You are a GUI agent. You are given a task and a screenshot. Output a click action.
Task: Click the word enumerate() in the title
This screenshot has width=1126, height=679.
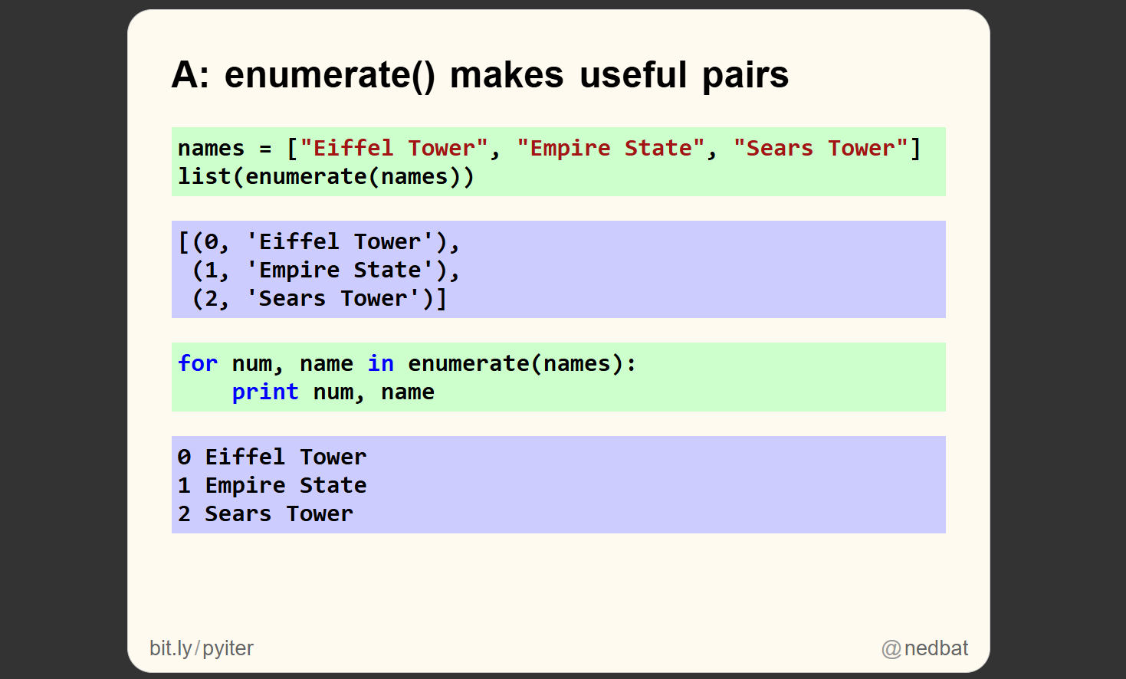[330, 75]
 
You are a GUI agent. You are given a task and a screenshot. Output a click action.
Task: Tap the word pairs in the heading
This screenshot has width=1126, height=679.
[745, 75]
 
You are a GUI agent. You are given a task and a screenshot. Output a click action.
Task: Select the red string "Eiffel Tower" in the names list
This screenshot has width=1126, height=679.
[394, 148]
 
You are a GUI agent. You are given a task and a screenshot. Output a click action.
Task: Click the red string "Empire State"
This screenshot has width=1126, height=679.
[611, 148]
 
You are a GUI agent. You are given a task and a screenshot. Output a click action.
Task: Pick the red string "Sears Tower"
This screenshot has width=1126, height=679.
[821, 148]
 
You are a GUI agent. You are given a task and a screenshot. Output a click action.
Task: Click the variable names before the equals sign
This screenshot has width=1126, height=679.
[211, 148]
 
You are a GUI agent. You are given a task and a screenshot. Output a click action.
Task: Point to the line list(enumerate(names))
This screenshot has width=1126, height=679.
[326, 177]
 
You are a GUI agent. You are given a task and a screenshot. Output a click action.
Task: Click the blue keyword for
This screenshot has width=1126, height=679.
[198, 363]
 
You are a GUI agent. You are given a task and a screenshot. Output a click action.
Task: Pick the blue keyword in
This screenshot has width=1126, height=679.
[380, 363]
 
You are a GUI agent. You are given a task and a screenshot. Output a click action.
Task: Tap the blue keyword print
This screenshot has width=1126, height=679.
[265, 392]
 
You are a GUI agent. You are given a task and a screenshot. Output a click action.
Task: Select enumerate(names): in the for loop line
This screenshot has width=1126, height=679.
[521, 363]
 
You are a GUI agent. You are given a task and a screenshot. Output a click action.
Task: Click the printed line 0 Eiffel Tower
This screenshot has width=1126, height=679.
[272, 458]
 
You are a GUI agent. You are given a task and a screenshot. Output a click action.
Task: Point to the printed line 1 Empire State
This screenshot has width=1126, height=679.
[272, 486]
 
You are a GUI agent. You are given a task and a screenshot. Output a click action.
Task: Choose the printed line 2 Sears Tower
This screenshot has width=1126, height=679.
[265, 514]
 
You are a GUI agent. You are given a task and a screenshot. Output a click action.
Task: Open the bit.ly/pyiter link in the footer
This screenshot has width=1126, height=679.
[202, 648]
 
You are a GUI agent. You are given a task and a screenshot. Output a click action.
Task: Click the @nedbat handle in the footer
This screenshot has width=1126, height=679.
[925, 648]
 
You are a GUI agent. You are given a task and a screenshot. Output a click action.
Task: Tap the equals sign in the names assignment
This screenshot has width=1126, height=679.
[265, 149]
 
